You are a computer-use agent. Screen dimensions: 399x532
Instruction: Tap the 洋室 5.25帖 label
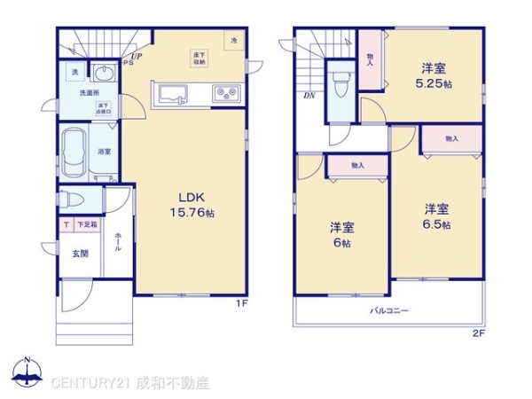pos(434,75)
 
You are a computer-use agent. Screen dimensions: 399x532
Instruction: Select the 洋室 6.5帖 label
pos(435,216)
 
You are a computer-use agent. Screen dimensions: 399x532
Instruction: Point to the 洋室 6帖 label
pos(342,234)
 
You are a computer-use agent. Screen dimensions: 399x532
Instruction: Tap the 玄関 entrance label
pos(80,254)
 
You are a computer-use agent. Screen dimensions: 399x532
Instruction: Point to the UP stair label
pos(137,56)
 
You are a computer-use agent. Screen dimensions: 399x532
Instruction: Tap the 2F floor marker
pos(479,333)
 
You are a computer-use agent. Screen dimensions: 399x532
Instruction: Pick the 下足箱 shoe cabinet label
pos(86,225)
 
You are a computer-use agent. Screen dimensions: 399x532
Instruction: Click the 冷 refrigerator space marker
pos(234,42)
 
